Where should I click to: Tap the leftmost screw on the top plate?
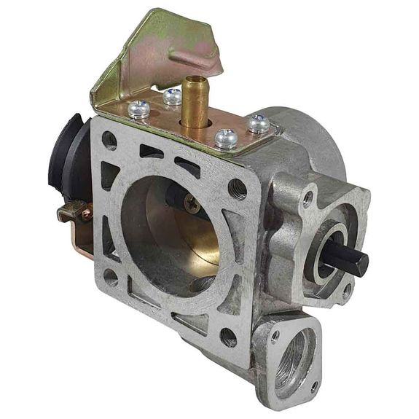[139, 110]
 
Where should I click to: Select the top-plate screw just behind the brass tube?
[172, 95]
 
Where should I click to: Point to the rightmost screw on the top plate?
[259, 124]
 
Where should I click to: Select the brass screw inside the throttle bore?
[193, 205]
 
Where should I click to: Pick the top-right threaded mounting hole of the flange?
[237, 189]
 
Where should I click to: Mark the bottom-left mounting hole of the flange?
[111, 277]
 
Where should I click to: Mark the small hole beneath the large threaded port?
[314, 385]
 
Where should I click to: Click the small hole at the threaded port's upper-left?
[275, 337]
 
